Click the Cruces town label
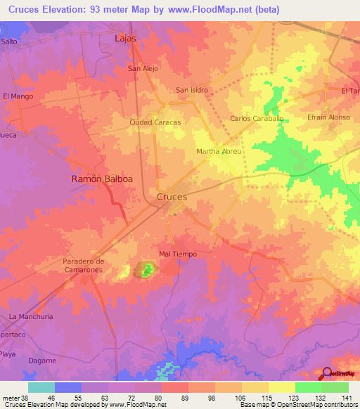[172, 197]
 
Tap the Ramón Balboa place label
[102, 179]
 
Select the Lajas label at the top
[125, 39]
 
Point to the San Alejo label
[142, 69]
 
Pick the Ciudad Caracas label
[155, 122]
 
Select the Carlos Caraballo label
[257, 119]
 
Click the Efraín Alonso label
[328, 117]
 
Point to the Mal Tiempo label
[176, 254]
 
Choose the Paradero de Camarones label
[83, 266]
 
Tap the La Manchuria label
[31, 317]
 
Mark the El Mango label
[18, 96]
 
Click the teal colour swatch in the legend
[41, 387]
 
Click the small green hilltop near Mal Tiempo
[146, 269]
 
